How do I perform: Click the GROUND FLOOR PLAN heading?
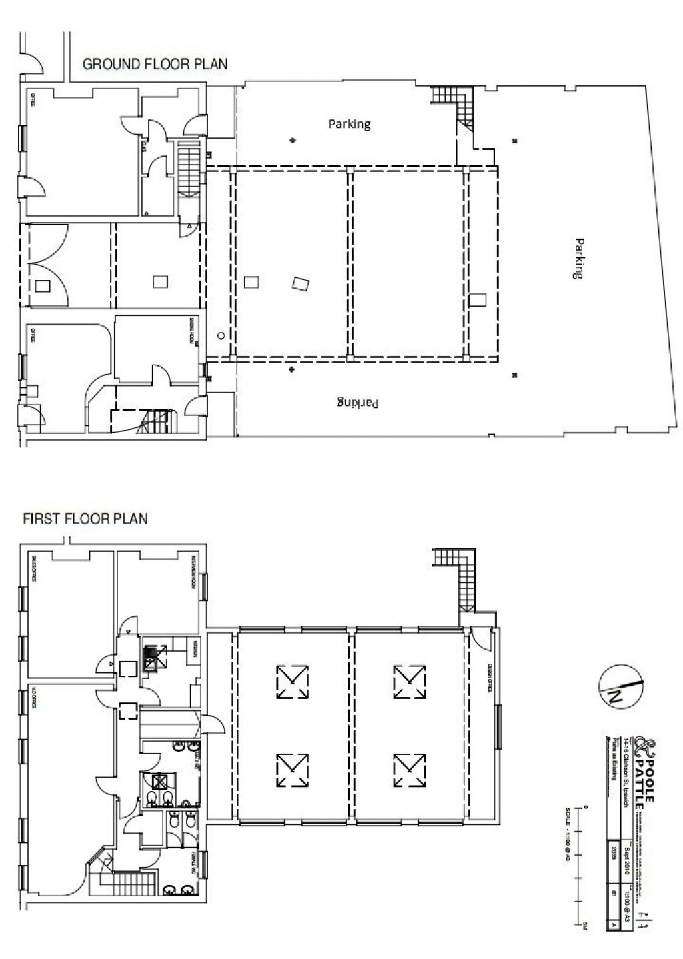pos(154,64)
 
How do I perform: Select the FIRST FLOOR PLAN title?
pos(85,518)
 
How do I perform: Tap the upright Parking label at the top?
pos(349,124)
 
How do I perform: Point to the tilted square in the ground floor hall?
pos(301,284)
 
